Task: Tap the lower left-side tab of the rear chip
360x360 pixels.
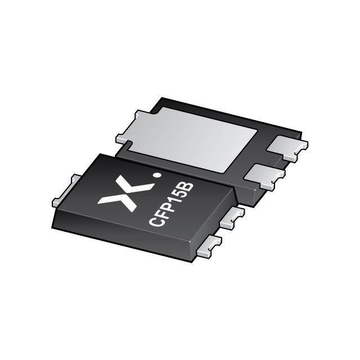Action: (x=123, y=138)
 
